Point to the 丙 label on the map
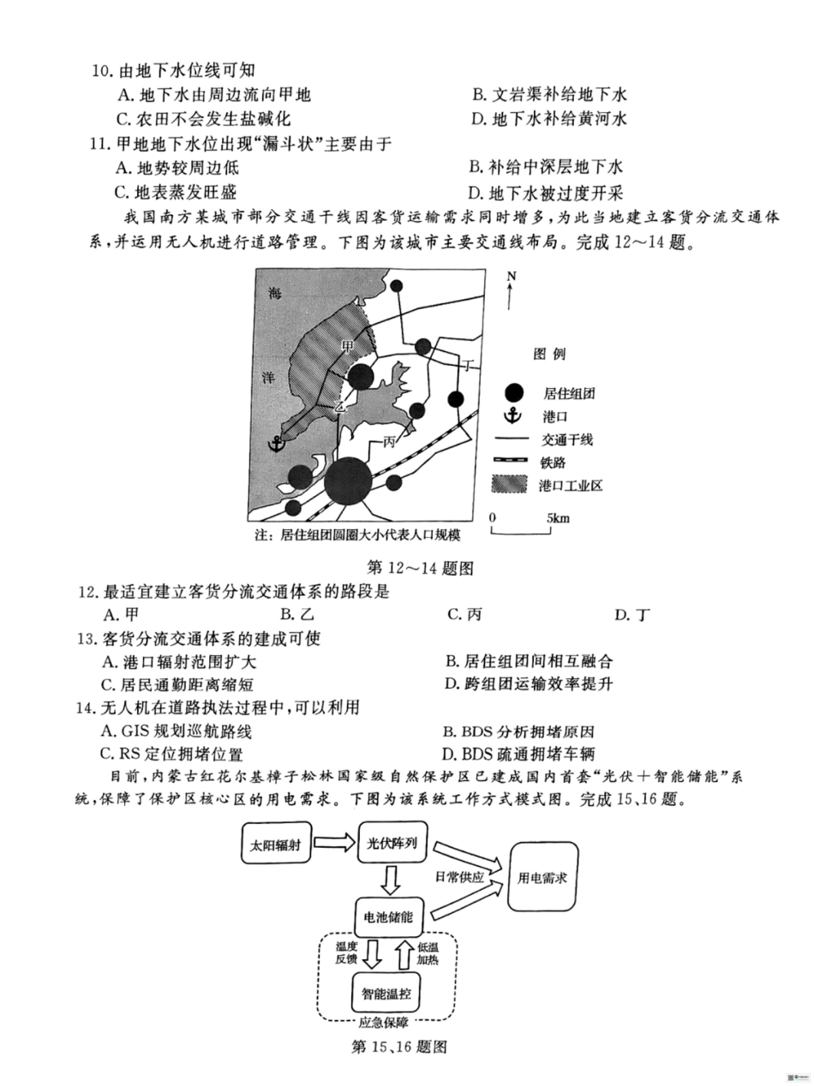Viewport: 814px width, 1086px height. (x=390, y=442)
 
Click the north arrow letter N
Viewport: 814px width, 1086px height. (x=512, y=277)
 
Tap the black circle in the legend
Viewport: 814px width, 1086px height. (x=513, y=392)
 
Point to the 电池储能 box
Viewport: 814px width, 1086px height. (x=384, y=916)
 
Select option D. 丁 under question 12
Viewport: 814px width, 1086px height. (x=632, y=614)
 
